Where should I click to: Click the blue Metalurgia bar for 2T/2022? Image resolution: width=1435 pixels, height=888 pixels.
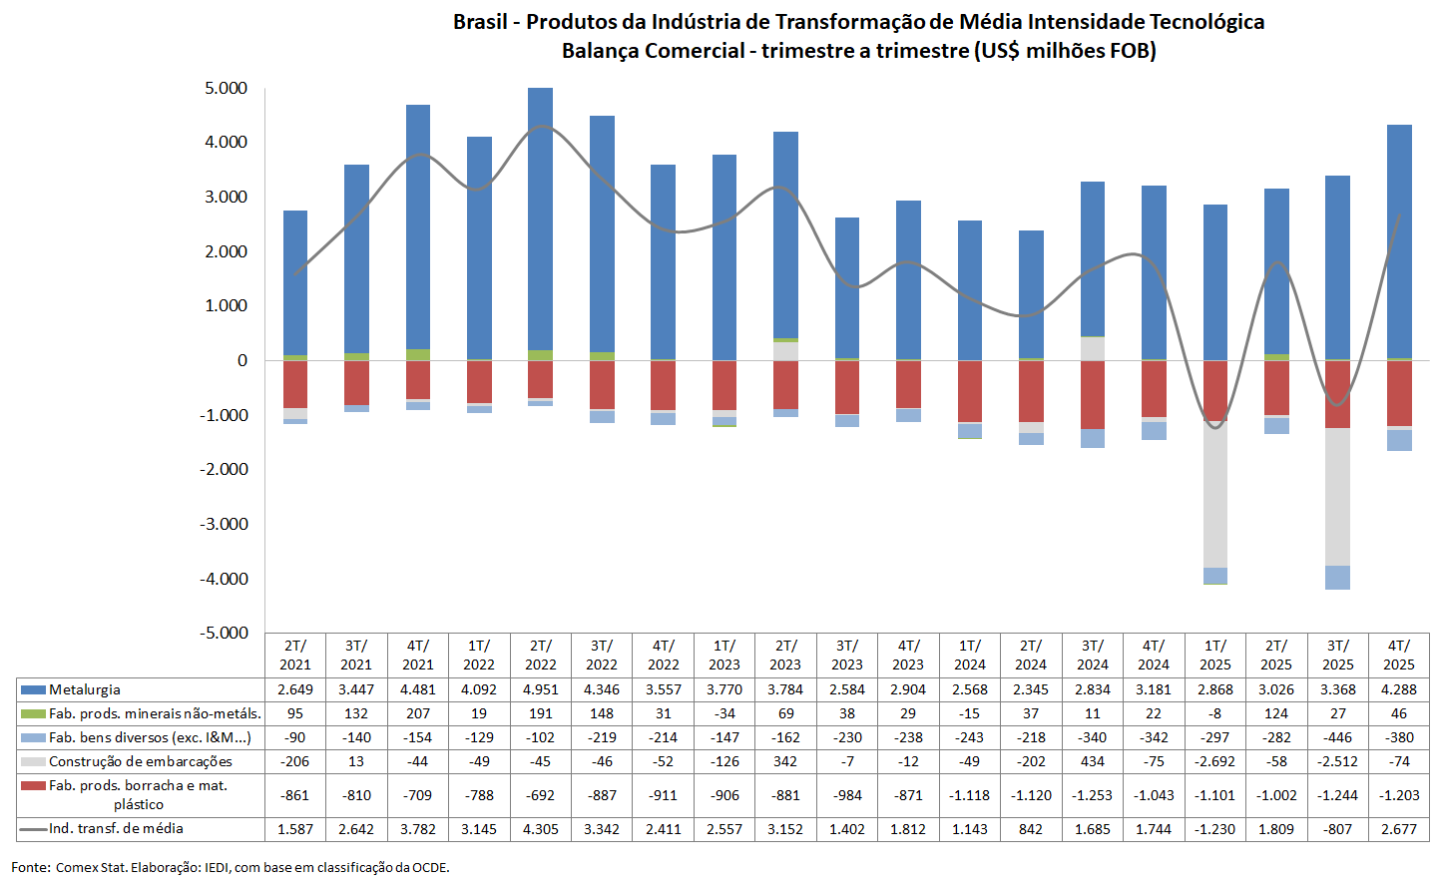point(540,220)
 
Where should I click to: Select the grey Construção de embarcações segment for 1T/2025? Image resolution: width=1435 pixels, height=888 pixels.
point(1214,494)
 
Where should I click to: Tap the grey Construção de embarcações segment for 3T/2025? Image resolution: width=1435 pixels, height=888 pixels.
point(1337,497)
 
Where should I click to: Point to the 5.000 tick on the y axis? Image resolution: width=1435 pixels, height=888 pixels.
point(227,88)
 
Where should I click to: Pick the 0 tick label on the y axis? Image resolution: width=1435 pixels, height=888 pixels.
point(241,360)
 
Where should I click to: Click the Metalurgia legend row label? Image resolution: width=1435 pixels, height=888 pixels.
point(85,689)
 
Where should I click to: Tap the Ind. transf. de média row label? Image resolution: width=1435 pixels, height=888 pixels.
point(116,828)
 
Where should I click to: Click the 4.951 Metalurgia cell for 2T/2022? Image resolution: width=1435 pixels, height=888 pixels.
point(540,689)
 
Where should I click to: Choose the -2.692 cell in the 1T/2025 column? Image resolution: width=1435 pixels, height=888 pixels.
point(1214,761)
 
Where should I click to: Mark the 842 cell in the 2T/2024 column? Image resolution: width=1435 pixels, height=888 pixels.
point(1031,829)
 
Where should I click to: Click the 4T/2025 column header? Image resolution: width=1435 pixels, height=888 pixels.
point(1398,655)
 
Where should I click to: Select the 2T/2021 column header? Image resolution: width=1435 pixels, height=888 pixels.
point(295,655)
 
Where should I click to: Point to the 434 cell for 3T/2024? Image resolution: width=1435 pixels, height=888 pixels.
point(1092,761)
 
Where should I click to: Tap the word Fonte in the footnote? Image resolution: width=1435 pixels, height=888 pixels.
point(30,867)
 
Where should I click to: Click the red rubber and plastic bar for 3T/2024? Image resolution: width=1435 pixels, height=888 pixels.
point(1092,394)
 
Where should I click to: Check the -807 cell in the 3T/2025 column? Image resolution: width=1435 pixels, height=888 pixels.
point(1337,829)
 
